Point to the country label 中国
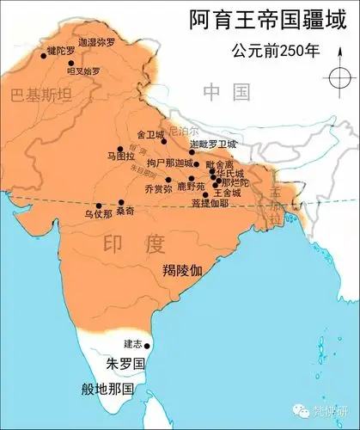click(227, 91)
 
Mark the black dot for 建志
click(148, 346)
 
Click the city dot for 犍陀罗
click(43, 55)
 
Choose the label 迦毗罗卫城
click(212, 144)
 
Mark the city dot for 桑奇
click(120, 202)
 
